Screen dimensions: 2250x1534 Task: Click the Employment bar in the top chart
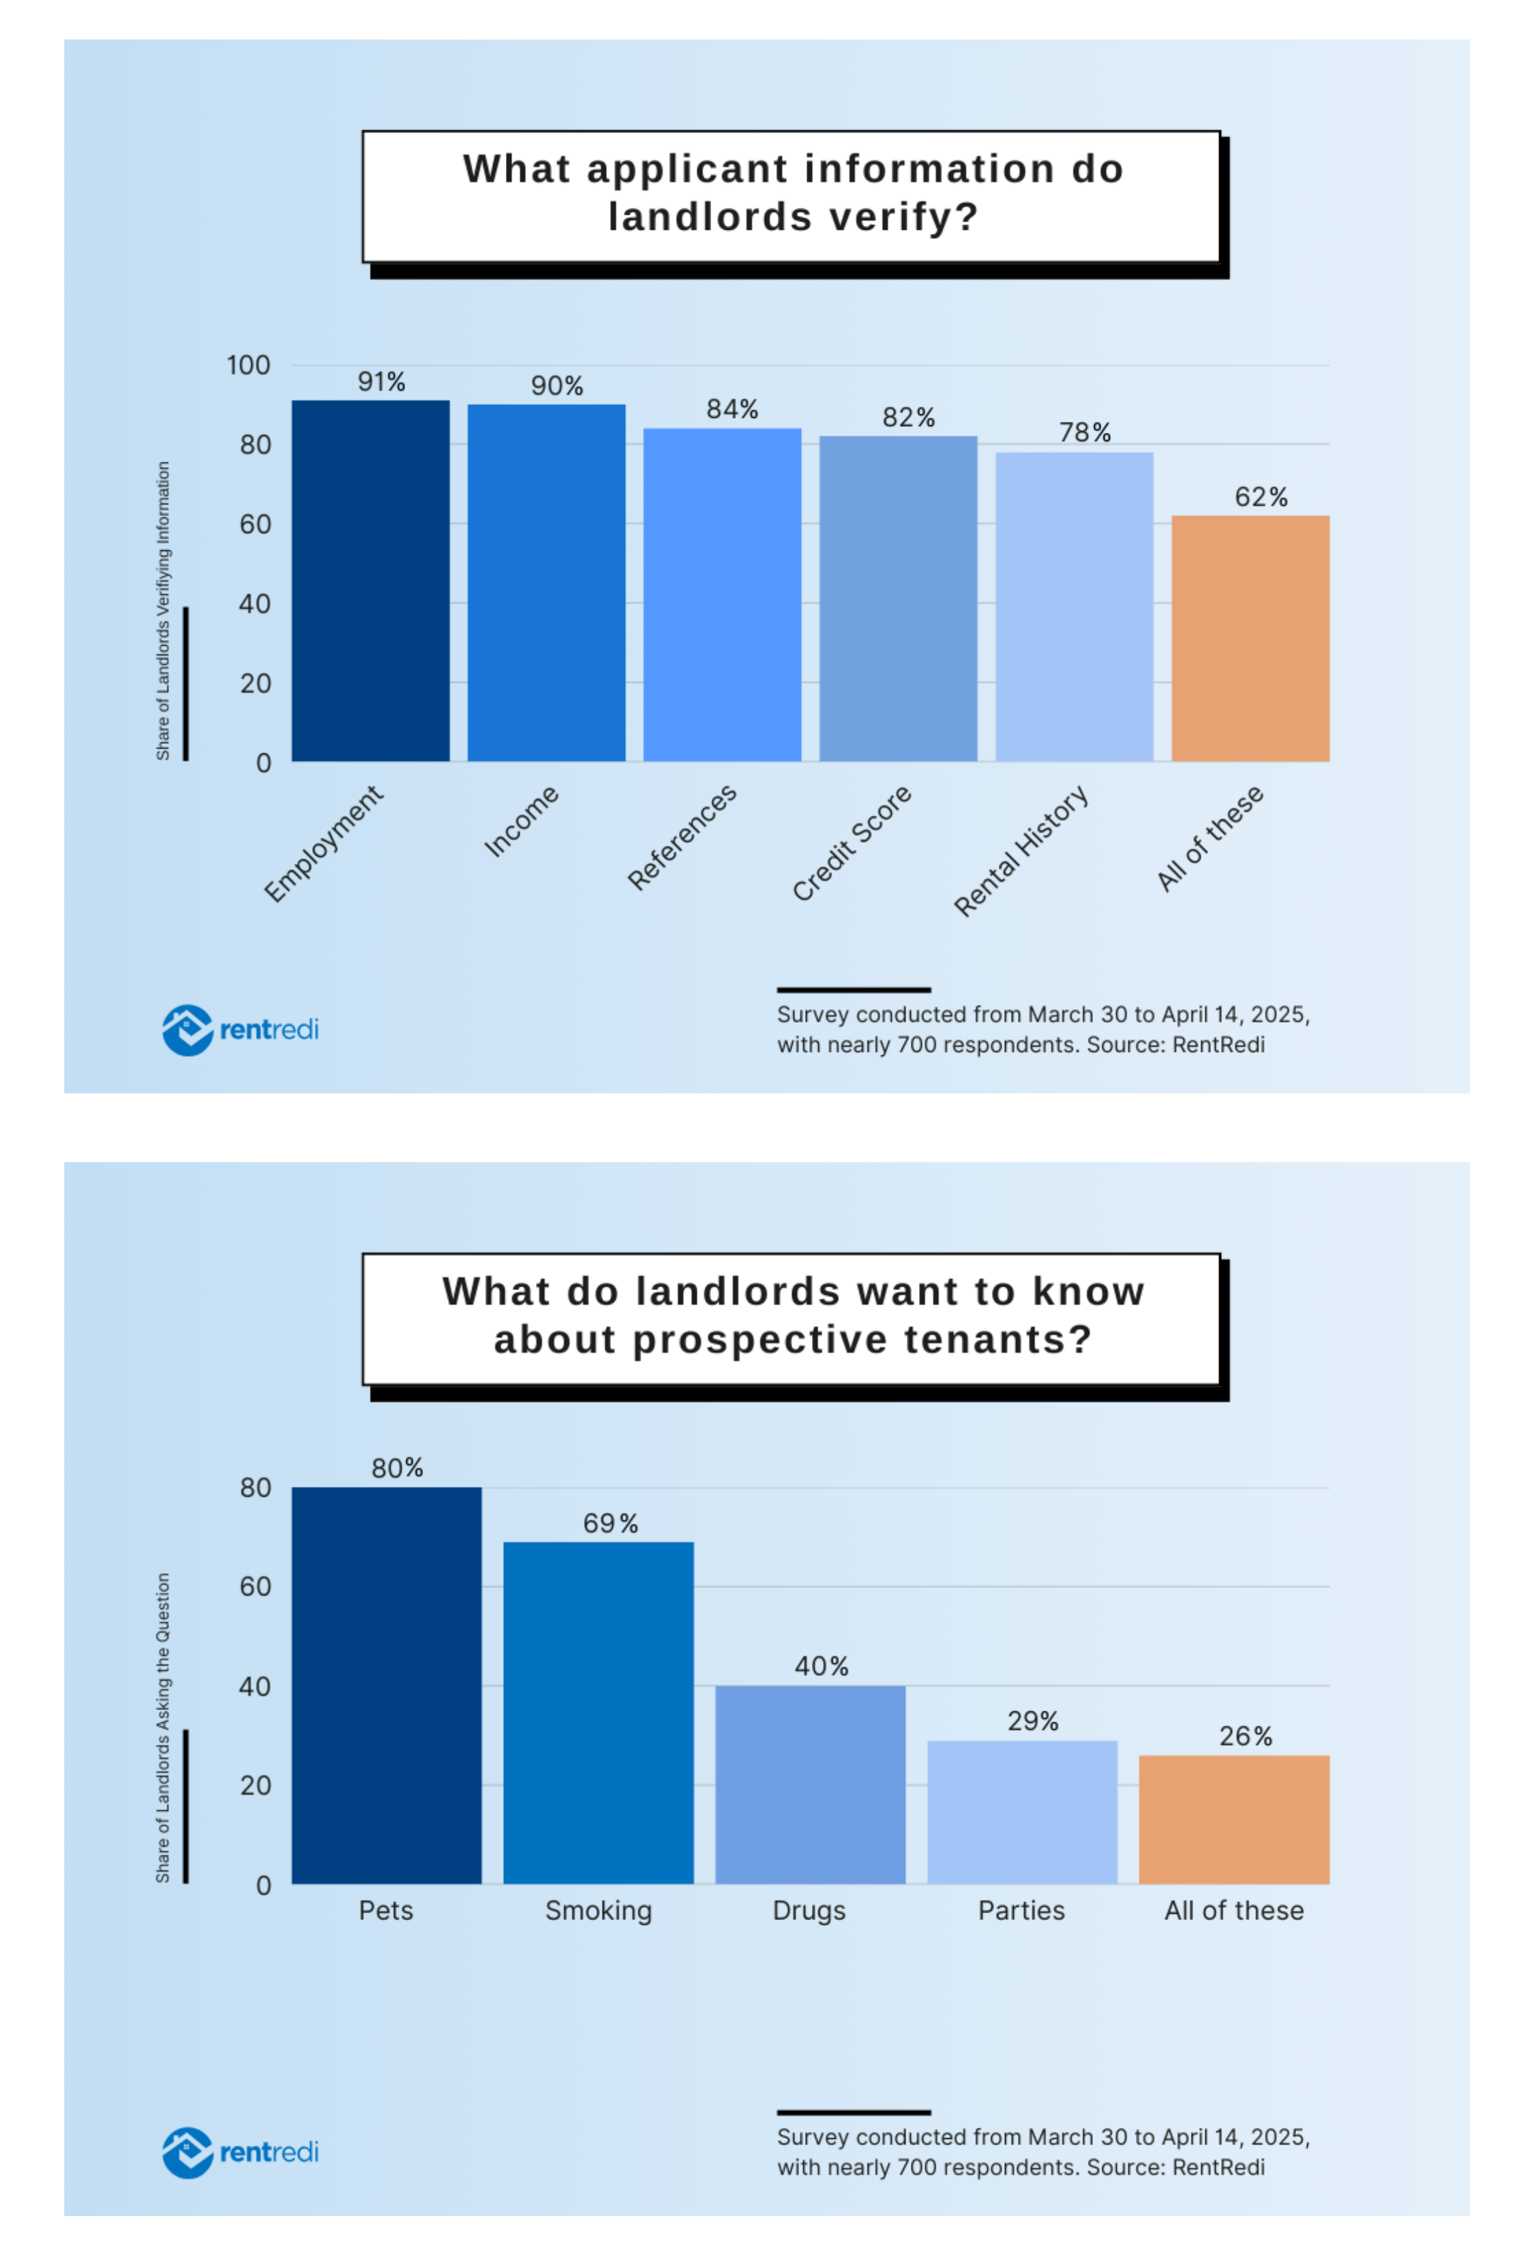click(371, 581)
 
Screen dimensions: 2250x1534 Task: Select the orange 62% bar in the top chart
click(1250, 639)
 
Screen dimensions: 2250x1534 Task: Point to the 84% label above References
click(732, 410)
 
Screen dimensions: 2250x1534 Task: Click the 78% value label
click(1084, 433)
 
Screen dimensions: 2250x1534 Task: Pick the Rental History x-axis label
click(1021, 851)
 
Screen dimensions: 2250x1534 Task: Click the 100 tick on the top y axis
click(249, 366)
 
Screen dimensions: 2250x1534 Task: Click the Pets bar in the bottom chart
click(386, 1685)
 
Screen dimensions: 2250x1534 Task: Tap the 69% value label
click(610, 1524)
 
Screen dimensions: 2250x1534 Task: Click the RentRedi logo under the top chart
click(240, 1030)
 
